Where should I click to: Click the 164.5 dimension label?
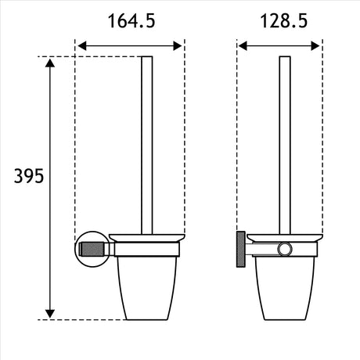click(x=131, y=21)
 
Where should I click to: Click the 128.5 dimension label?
click(x=284, y=21)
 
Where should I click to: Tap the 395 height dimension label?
click(x=29, y=176)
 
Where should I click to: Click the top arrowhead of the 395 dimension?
click(x=50, y=63)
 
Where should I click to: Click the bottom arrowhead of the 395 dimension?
click(x=50, y=314)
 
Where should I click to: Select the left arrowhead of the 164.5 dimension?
click(x=82, y=46)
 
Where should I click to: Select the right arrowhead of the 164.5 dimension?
click(x=178, y=46)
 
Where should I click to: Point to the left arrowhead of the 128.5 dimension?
click(x=243, y=46)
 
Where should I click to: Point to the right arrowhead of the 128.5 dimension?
click(x=315, y=46)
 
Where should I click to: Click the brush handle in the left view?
click(x=147, y=145)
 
